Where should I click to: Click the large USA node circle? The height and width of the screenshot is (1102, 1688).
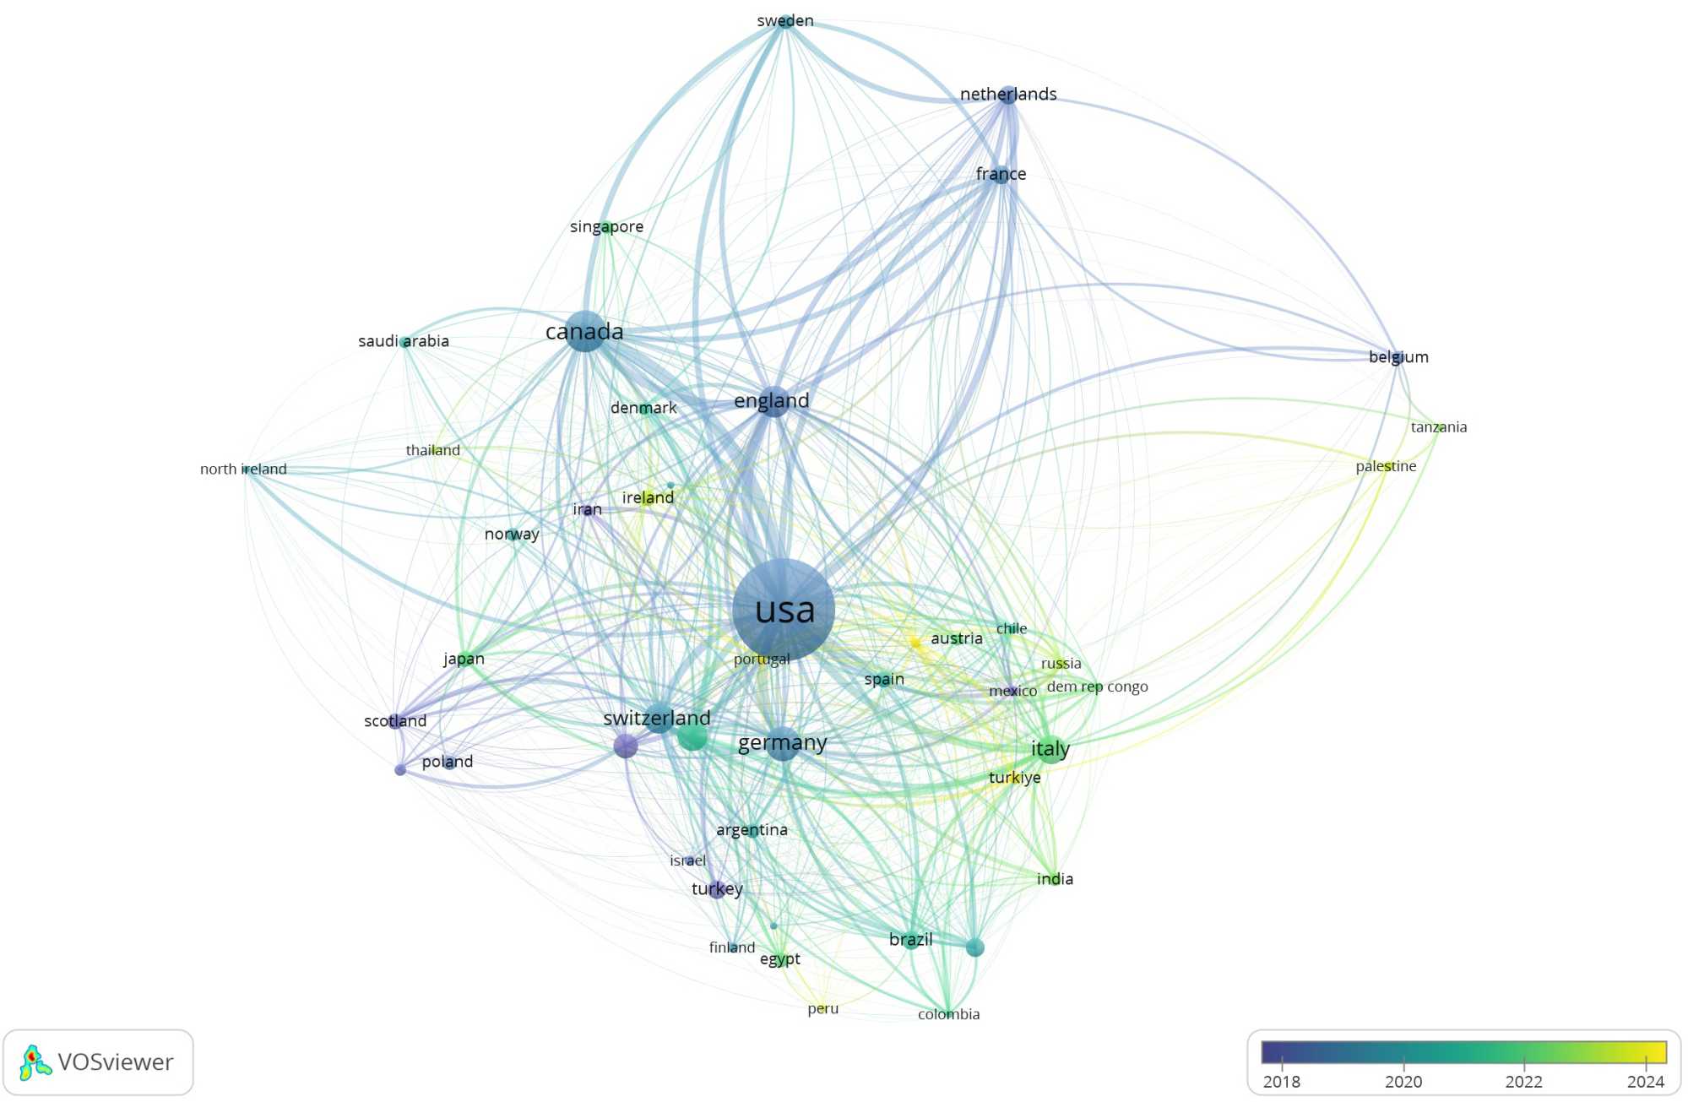784,609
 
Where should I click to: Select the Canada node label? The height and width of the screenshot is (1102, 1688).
584,332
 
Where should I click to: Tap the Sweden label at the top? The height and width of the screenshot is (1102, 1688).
785,20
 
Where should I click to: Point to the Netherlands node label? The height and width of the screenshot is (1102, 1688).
1008,94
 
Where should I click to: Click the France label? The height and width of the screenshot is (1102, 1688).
1001,174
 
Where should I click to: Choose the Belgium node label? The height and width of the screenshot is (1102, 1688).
1398,357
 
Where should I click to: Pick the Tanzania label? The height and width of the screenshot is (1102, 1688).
1439,427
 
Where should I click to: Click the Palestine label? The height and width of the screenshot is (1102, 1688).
1386,466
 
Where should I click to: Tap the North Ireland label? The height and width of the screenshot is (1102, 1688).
243,470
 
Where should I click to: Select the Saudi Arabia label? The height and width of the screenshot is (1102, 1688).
404,341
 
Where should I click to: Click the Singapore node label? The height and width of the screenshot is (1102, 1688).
606,226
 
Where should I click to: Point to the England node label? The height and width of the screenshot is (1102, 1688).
771,400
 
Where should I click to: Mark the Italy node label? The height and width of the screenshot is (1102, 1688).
1050,749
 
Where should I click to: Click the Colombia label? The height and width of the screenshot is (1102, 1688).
948,1014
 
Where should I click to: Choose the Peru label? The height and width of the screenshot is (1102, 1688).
822,1008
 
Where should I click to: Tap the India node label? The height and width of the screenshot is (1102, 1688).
1055,879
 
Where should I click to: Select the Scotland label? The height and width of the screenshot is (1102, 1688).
395,721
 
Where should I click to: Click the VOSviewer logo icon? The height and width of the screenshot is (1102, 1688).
35,1062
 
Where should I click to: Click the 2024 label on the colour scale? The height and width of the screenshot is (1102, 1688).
1645,1082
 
